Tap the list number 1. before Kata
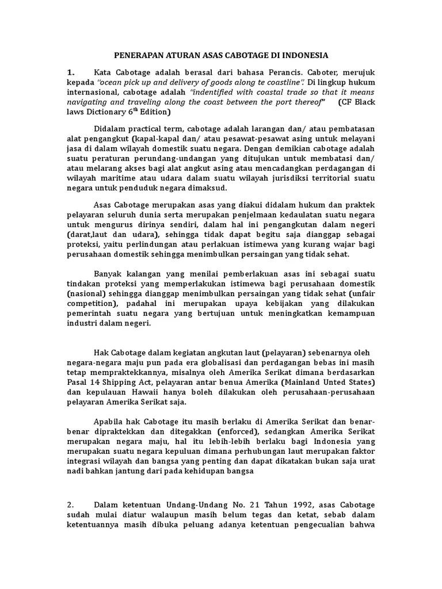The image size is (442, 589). coord(71,72)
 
